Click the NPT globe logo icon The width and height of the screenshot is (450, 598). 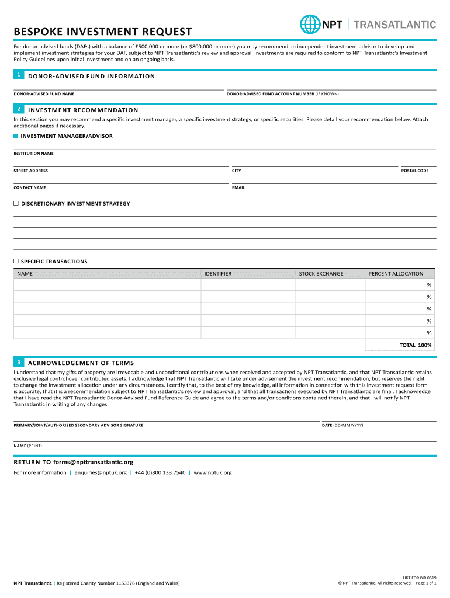310,25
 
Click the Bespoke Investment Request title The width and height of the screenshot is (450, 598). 103,32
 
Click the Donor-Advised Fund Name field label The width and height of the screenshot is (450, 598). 44,94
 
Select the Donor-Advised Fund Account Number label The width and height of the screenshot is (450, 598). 282,94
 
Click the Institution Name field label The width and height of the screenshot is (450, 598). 33,154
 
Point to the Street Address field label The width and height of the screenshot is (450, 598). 31,171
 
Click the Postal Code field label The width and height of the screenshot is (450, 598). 414,171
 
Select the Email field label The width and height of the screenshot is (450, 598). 238,187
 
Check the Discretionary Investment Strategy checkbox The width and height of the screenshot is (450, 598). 16,203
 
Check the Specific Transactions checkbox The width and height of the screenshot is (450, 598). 16,261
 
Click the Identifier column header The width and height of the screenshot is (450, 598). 218,273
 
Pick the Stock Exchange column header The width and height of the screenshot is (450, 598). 321,273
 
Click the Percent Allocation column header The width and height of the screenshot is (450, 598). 396,273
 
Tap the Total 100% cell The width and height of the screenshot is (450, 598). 416,345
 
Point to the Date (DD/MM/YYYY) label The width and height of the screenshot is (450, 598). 342,425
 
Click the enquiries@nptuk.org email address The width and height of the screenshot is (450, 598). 101,472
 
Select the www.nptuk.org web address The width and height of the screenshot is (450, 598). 213,472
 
